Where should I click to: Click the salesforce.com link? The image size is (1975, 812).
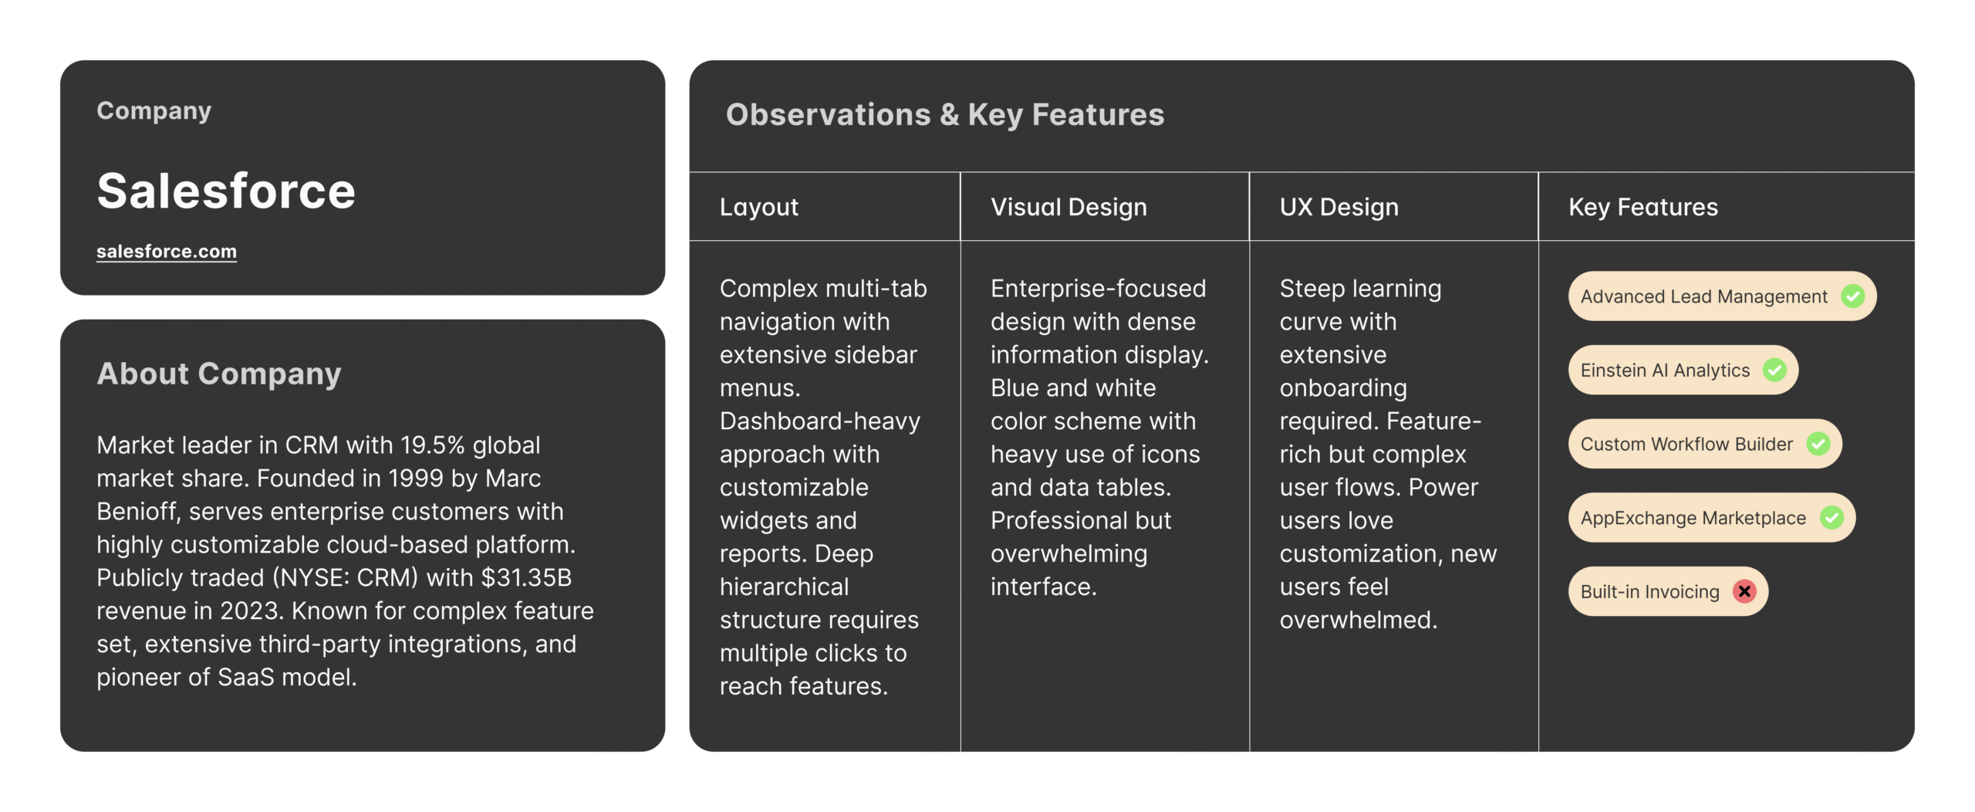[x=167, y=252]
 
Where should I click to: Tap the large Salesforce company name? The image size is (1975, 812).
[x=226, y=191]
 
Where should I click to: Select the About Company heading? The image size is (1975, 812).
[x=219, y=374]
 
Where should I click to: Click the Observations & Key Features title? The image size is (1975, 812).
[x=945, y=115]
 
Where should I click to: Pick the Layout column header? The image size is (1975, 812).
[x=759, y=207]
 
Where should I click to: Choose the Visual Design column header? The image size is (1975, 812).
[x=1069, y=207]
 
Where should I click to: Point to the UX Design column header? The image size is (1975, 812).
[x=1339, y=207]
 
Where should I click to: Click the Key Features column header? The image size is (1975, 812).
[x=1643, y=207]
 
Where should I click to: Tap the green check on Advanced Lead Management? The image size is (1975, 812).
[x=1853, y=296]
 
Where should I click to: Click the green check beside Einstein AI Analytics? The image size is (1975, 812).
[x=1775, y=370]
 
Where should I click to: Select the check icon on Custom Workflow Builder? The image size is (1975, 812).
[x=1818, y=444]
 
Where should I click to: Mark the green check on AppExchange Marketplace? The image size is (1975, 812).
[x=1832, y=517]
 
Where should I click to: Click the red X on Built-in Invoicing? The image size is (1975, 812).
[x=1744, y=591]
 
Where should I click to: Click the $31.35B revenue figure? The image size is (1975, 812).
[x=526, y=578]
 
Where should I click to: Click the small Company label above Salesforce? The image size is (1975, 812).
[x=154, y=111]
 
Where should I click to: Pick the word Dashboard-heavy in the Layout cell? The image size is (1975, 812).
[x=820, y=421]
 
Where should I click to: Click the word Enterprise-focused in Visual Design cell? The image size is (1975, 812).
[x=1099, y=289]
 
